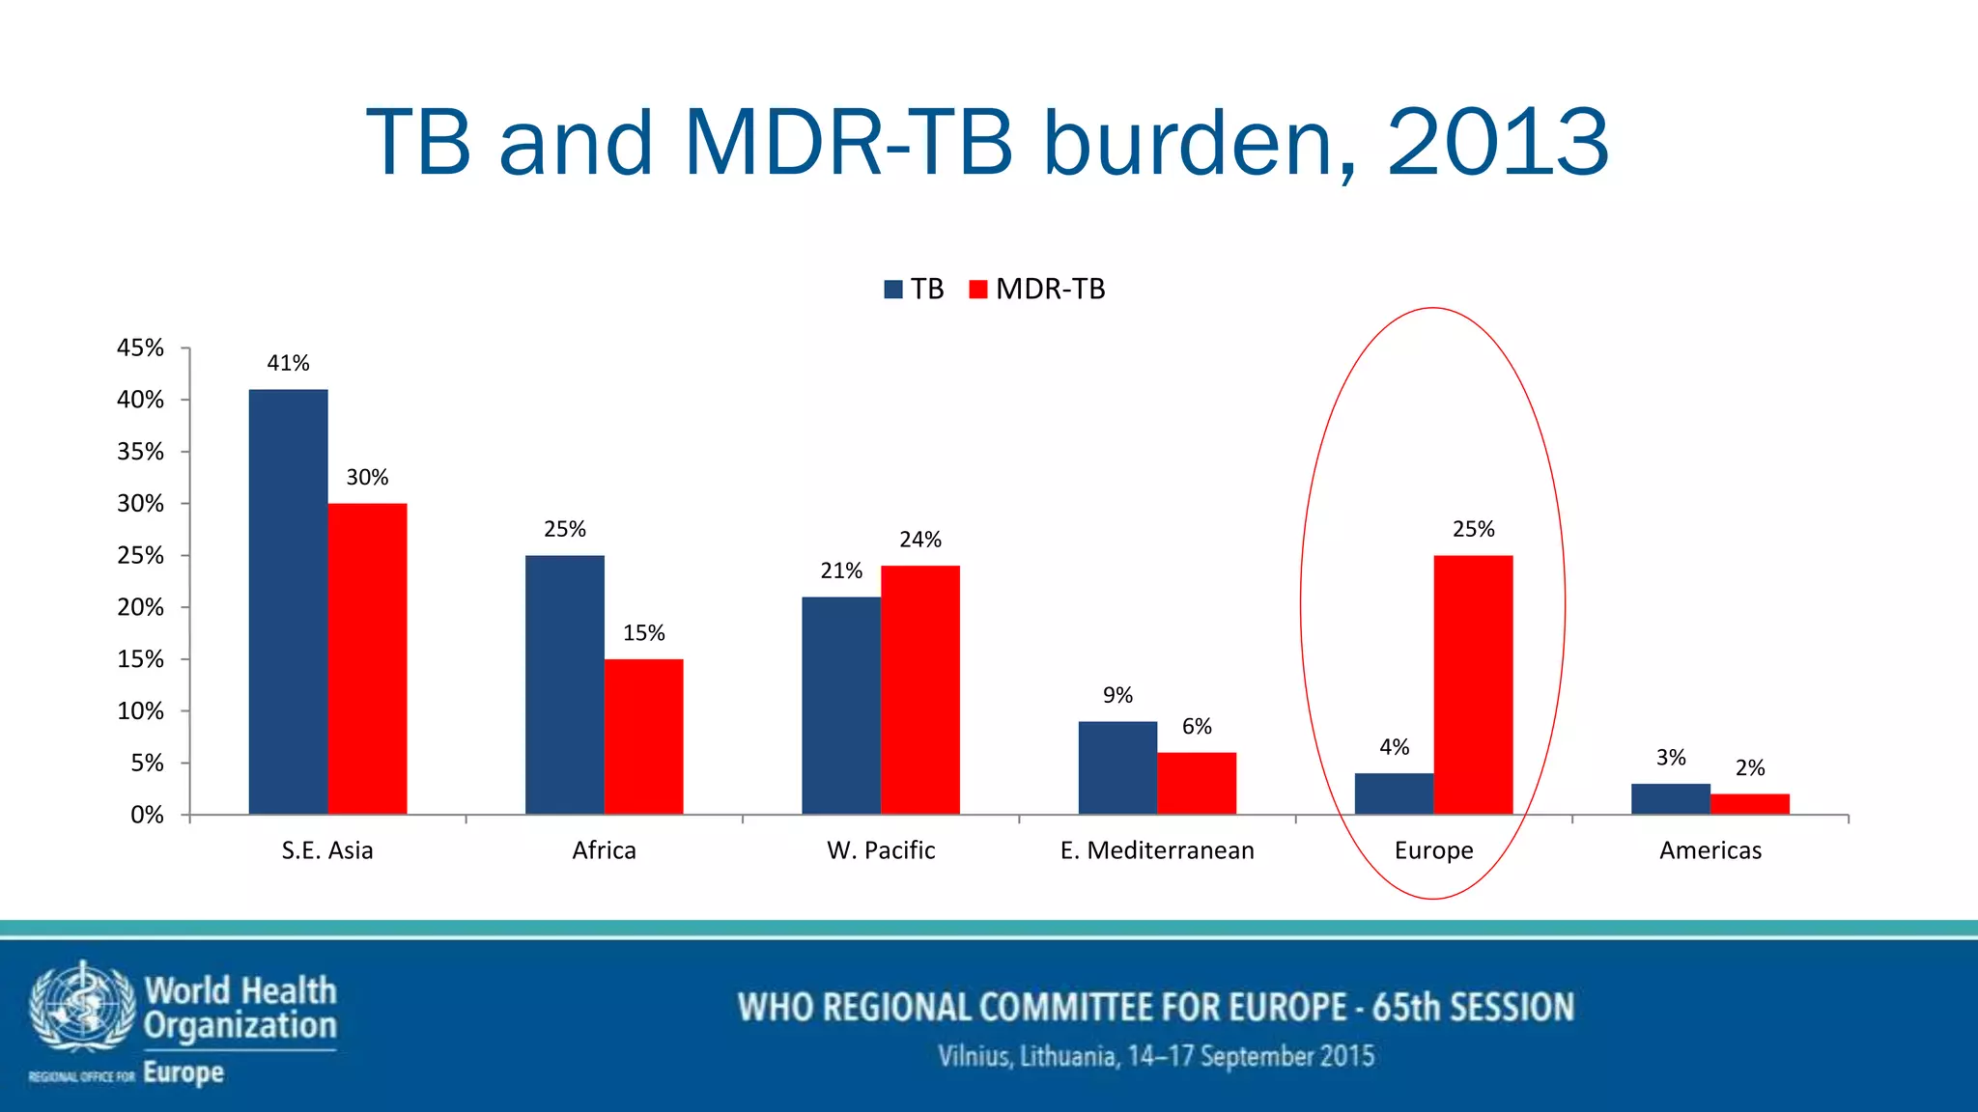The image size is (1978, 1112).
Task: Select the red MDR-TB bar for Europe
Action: click(1473, 684)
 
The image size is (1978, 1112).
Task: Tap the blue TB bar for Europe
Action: click(1394, 793)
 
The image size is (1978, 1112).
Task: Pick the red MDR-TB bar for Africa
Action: click(643, 737)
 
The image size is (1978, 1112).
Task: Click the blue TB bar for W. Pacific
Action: click(840, 706)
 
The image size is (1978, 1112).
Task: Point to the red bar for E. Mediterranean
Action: click(1196, 783)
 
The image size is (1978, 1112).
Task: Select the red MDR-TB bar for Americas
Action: click(1749, 804)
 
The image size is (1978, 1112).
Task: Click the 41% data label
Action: click(288, 363)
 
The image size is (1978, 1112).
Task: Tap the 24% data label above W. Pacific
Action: click(919, 540)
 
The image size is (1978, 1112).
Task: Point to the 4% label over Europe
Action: click(1394, 747)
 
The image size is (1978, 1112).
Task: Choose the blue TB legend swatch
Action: click(893, 289)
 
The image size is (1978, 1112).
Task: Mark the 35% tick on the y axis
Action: click(141, 452)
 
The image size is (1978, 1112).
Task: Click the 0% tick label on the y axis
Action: click(147, 816)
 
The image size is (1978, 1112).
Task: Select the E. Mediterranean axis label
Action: click(1156, 850)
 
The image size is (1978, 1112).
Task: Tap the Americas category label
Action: click(1710, 850)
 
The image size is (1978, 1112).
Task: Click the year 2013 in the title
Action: click(1498, 143)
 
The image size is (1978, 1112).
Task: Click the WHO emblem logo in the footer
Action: click(81, 1007)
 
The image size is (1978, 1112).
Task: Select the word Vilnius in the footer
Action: click(974, 1056)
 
